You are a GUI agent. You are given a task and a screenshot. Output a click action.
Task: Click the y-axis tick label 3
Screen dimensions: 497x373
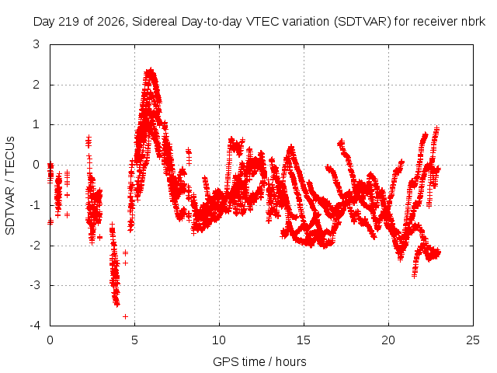tap(36, 44)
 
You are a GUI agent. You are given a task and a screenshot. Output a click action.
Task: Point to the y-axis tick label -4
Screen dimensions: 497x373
tap(35, 326)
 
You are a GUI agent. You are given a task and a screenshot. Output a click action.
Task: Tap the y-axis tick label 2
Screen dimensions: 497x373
tap(36, 85)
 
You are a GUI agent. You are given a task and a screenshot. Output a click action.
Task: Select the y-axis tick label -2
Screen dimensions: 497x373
tap(35, 246)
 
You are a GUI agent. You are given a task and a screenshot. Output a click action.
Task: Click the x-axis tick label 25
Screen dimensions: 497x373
tap(473, 340)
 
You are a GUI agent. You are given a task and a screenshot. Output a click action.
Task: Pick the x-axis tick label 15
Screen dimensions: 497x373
tap(304, 340)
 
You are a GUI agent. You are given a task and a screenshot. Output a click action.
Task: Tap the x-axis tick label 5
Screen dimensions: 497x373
tap(134, 340)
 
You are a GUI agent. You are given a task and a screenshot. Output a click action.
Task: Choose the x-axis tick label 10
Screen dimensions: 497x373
tap(219, 340)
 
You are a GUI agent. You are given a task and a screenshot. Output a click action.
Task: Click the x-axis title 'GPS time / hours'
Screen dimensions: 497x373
tap(259, 361)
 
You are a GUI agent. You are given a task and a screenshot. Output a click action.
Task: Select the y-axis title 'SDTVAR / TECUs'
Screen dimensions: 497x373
tap(10, 186)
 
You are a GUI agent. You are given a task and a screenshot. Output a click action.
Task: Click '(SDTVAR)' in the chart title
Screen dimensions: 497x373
tap(363, 22)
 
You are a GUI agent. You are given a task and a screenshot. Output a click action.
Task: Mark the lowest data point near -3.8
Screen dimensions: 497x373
tap(125, 316)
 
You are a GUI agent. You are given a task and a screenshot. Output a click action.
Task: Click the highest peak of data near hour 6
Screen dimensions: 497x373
tap(151, 70)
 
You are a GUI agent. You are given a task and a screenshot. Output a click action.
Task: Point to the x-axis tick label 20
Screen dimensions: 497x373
tap(388, 340)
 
